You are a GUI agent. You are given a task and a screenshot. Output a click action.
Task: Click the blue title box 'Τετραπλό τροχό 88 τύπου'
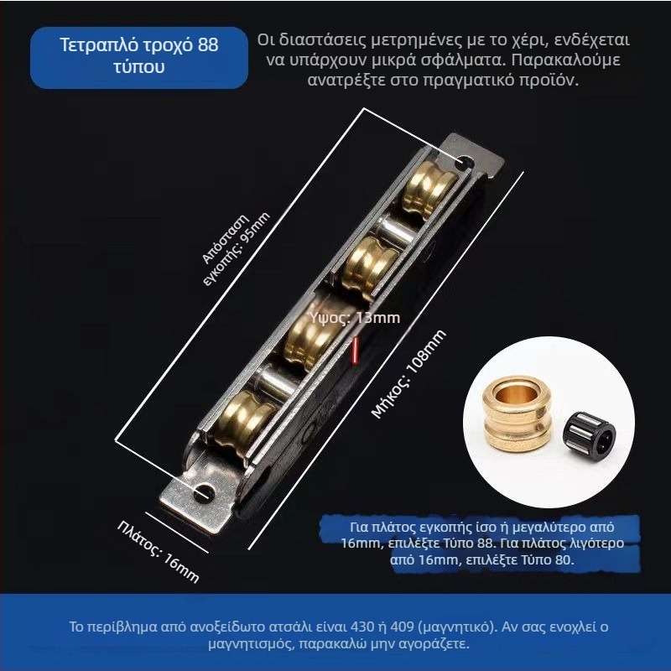(x=139, y=56)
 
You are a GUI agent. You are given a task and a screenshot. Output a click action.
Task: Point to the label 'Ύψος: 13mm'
(x=355, y=318)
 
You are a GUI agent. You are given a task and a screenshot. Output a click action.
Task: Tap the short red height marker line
(x=356, y=350)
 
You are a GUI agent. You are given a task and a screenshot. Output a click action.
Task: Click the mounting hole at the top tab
(x=463, y=160)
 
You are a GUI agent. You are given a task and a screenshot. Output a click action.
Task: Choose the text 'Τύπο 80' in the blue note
(x=547, y=560)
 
